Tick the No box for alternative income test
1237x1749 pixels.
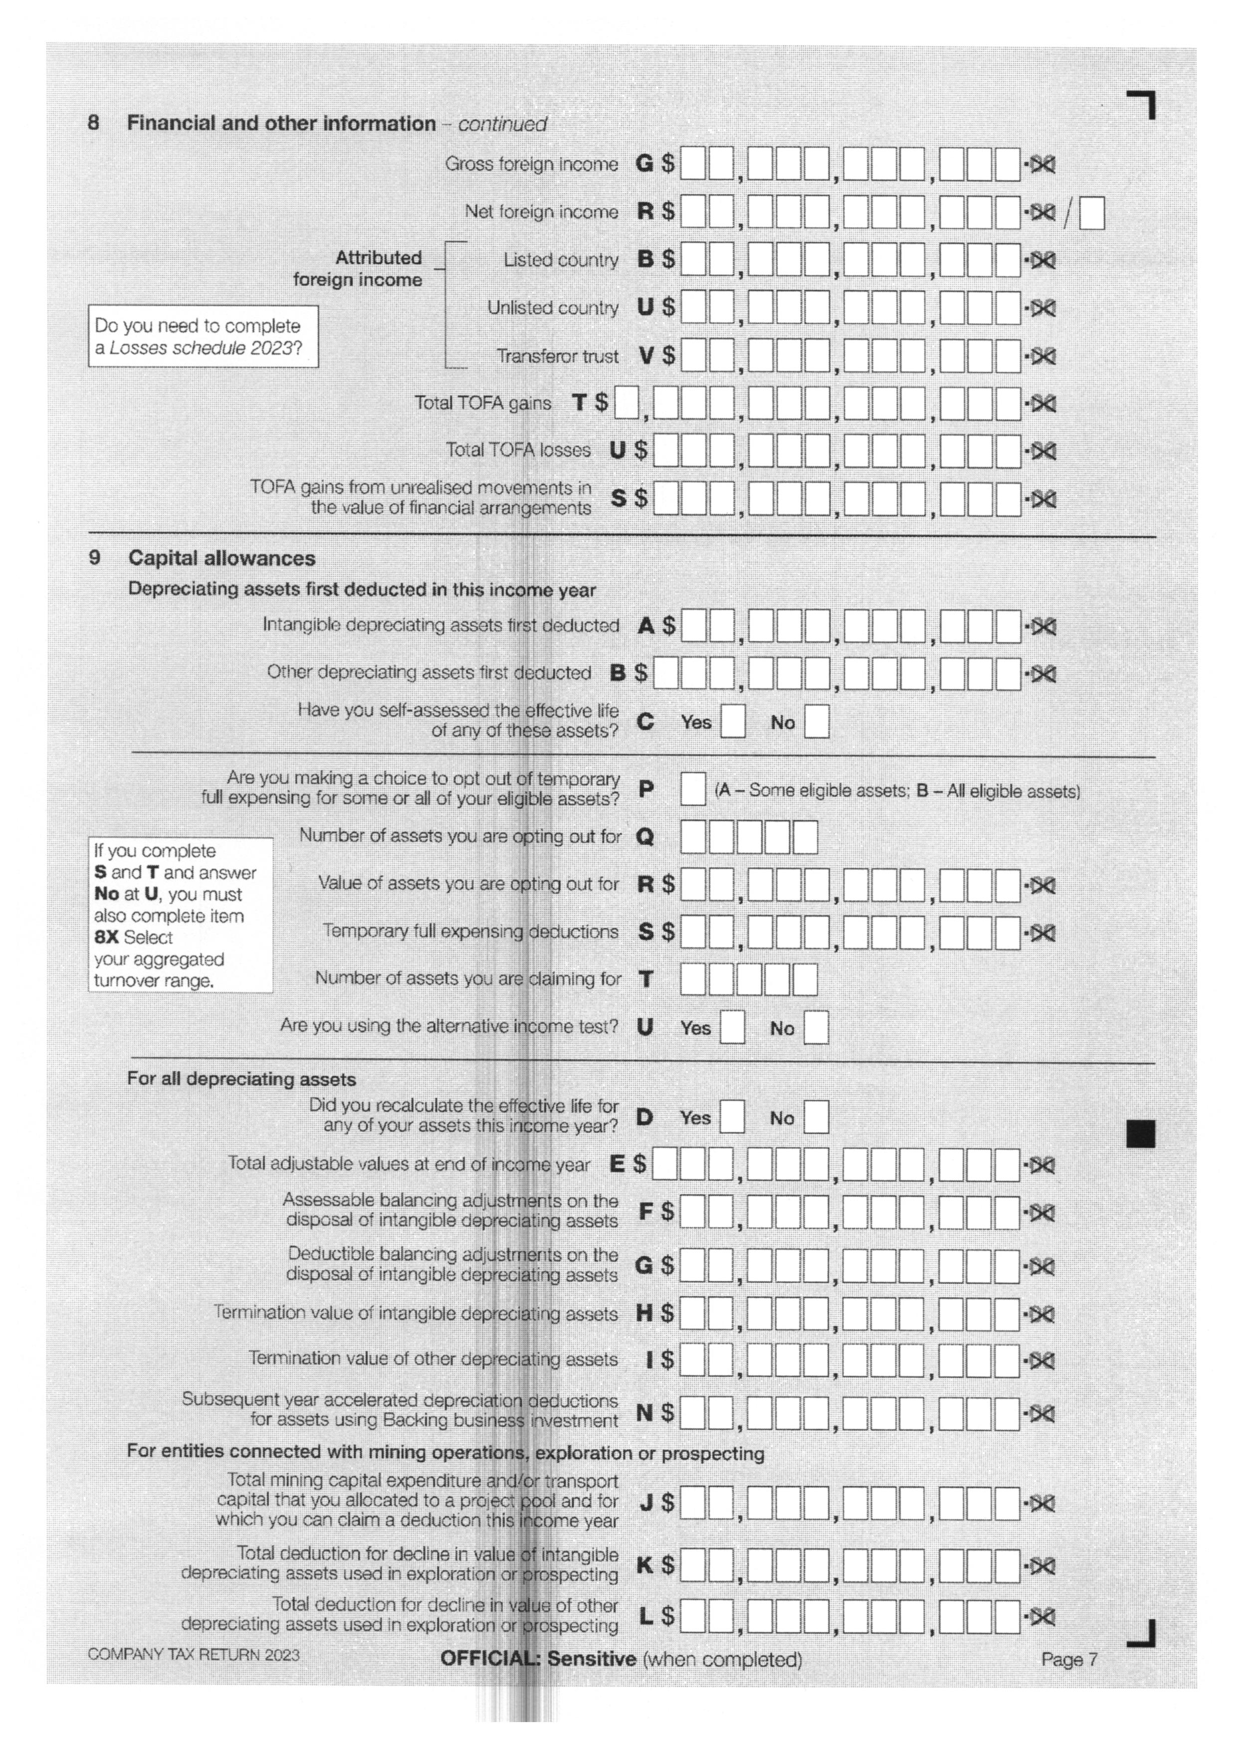pyautogui.click(x=816, y=1028)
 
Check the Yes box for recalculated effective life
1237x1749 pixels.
pyautogui.click(x=732, y=1118)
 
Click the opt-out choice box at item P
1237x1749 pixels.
pyautogui.click(x=692, y=789)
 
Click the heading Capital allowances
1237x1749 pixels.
pyautogui.click(x=221, y=559)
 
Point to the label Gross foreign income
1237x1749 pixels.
pyautogui.click(x=532, y=165)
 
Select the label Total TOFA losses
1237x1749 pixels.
pyautogui.click(x=518, y=450)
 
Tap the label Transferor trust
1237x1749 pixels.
pyautogui.click(x=558, y=357)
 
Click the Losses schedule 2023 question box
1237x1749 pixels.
pyautogui.click(x=203, y=337)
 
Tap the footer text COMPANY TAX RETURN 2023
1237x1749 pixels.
pyautogui.click(x=194, y=1655)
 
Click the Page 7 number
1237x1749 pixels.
pyautogui.click(x=1069, y=1659)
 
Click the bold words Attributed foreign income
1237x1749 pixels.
pyautogui.click(x=358, y=269)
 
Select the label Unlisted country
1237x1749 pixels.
pyautogui.click(x=553, y=309)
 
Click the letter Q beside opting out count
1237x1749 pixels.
pyautogui.click(x=644, y=837)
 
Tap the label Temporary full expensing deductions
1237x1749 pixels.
pyautogui.click(x=470, y=932)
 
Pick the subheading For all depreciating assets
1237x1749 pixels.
pyautogui.click(x=241, y=1079)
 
